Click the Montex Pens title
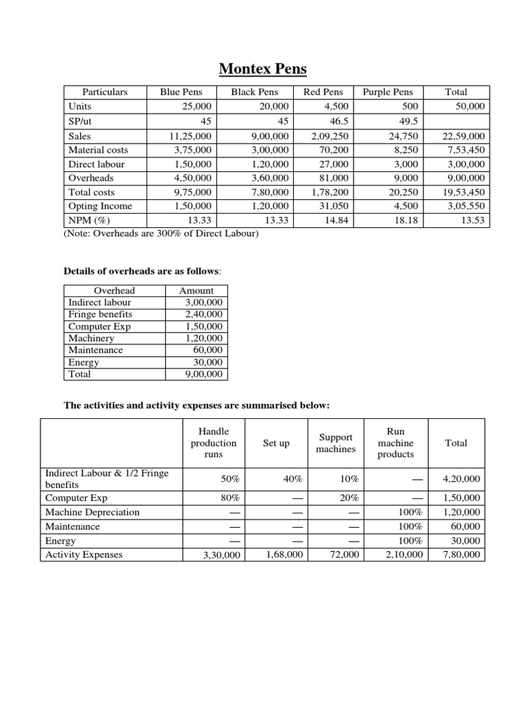tap(263, 69)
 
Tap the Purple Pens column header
tap(388, 92)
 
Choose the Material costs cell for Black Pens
tap(270, 150)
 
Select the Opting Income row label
tap(100, 206)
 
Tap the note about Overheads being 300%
tap(161, 233)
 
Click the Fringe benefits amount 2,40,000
tap(203, 314)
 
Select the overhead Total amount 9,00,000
tap(203, 374)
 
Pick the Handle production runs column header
tap(213, 443)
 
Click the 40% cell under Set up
tap(292, 479)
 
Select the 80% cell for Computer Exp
tap(230, 498)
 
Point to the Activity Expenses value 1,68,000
tap(284, 555)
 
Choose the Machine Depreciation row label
tap(92, 512)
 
